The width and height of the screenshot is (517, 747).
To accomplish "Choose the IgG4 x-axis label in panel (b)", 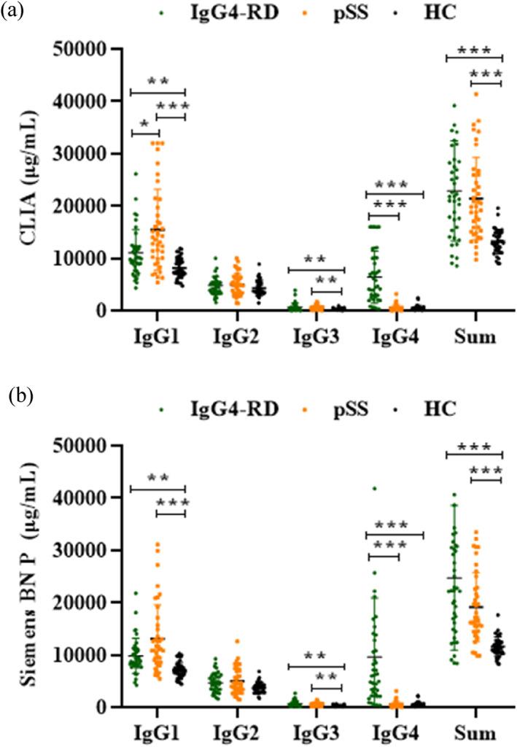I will [397, 732].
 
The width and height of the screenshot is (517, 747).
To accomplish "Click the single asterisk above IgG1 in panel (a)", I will [144, 125].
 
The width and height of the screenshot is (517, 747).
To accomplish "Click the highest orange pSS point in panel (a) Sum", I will [476, 93].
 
